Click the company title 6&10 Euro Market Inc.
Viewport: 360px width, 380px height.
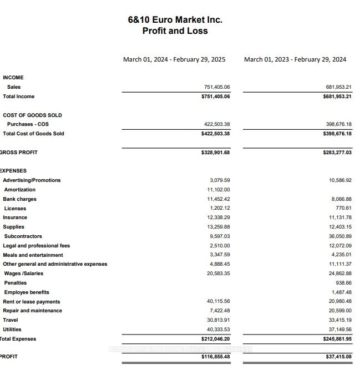coord(175,19)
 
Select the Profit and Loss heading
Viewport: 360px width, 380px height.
coord(175,31)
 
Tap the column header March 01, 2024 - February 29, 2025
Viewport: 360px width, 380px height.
coord(174,59)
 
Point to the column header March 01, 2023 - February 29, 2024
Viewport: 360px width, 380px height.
coord(295,59)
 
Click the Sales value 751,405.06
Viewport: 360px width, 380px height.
coord(217,87)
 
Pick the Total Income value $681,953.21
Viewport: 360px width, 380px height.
coord(337,97)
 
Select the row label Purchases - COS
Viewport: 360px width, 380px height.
coord(28,124)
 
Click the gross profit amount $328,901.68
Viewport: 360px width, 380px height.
coord(216,153)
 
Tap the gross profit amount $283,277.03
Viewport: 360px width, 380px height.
coord(337,153)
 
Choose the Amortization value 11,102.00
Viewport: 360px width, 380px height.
coord(219,190)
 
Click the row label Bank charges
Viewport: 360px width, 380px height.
coord(20,199)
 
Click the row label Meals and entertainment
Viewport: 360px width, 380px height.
coord(33,255)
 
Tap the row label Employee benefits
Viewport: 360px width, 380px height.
coord(27,292)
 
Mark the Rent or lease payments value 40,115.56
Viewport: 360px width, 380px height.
coord(219,302)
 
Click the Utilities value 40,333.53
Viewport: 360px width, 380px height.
coord(219,330)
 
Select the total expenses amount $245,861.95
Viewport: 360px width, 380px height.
coord(337,339)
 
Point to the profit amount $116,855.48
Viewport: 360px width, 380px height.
coord(216,357)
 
